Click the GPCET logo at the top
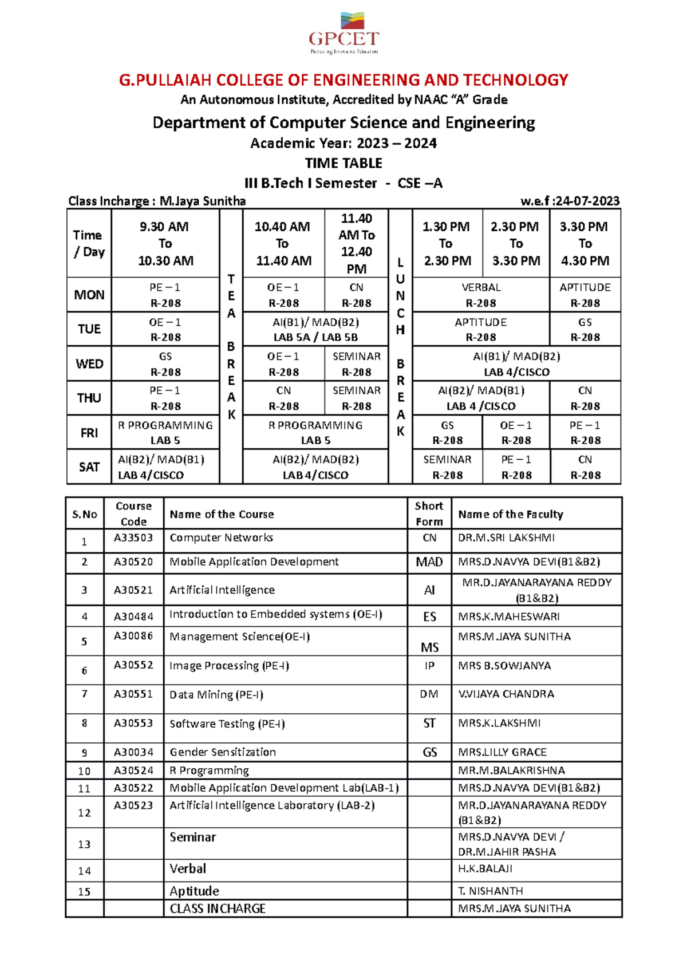point(343,33)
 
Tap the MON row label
point(89,295)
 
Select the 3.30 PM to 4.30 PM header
point(585,243)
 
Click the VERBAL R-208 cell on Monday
point(481,295)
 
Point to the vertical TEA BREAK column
point(231,346)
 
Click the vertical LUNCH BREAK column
point(400,346)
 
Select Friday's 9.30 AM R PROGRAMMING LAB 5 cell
point(165,433)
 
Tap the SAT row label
point(89,467)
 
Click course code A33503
point(133,538)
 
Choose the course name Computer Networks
point(222,538)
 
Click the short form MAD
point(429,562)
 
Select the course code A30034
point(133,752)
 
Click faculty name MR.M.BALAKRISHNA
point(511,771)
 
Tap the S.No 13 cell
point(84,844)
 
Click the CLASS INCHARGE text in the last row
point(218,908)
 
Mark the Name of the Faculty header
point(510,514)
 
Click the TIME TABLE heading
point(343,163)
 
